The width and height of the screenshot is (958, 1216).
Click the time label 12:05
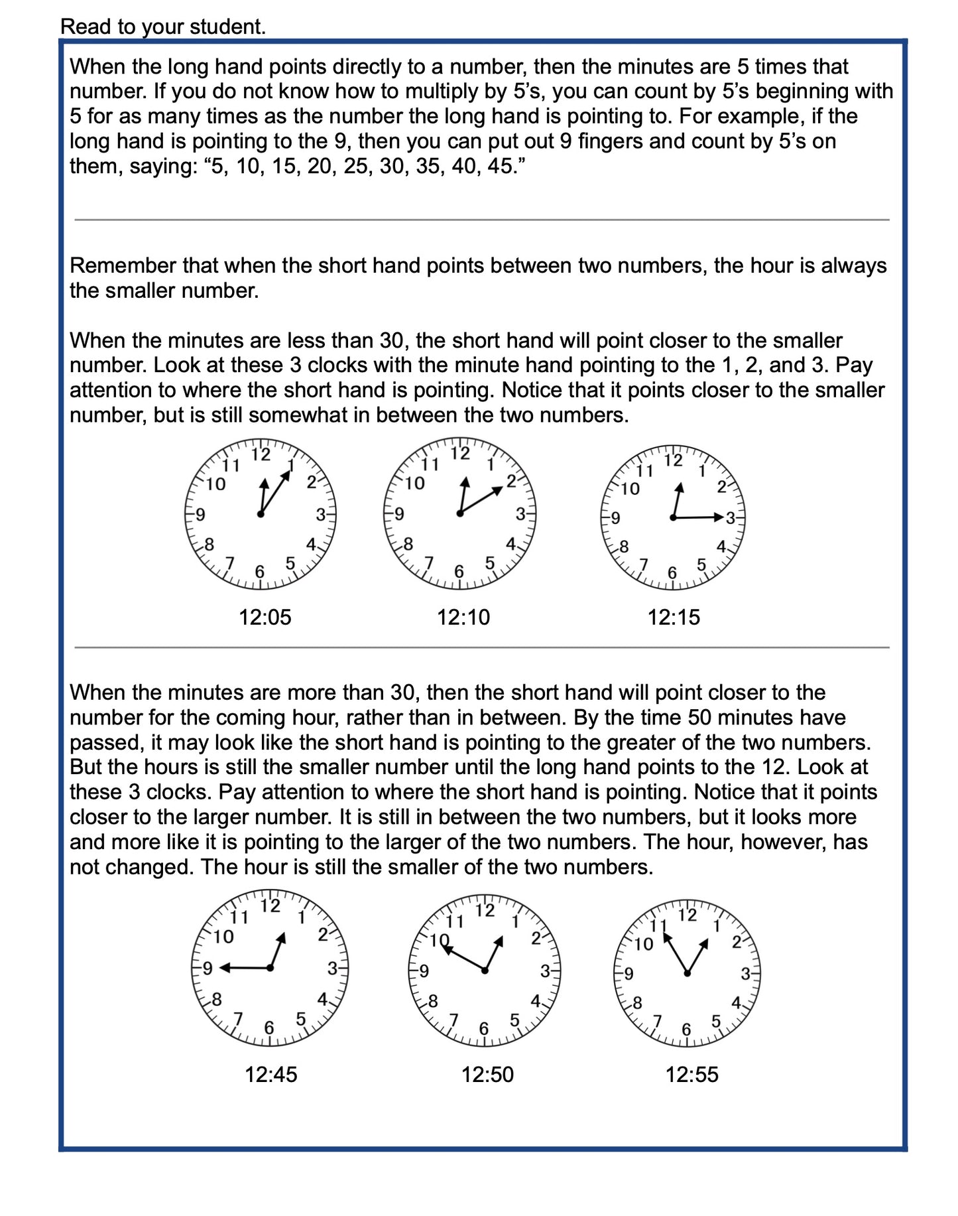point(265,617)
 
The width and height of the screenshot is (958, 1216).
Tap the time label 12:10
point(463,617)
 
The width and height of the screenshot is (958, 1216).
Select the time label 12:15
point(673,617)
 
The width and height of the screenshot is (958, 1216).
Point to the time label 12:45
point(270,1074)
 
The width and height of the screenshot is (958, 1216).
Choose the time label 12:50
point(487,1074)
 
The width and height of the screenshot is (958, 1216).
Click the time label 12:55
point(691,1074)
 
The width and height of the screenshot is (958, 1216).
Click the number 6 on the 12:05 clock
point(260,571)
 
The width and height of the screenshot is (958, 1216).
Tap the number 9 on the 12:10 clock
point(399,513)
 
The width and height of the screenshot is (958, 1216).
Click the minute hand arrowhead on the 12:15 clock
point(719,517)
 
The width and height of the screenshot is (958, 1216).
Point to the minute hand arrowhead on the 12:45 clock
point(224,968)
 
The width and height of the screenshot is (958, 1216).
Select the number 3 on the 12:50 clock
point(544,971)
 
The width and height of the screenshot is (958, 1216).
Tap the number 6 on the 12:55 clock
point(686,1029)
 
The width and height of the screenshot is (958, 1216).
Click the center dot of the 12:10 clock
point(459,513)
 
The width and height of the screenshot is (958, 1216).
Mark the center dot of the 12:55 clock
point(688,973)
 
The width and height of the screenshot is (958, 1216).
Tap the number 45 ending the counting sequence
point(501,166)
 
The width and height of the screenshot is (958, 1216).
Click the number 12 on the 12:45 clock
point(270,906)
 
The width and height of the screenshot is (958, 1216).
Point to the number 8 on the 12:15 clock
point(623,547)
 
